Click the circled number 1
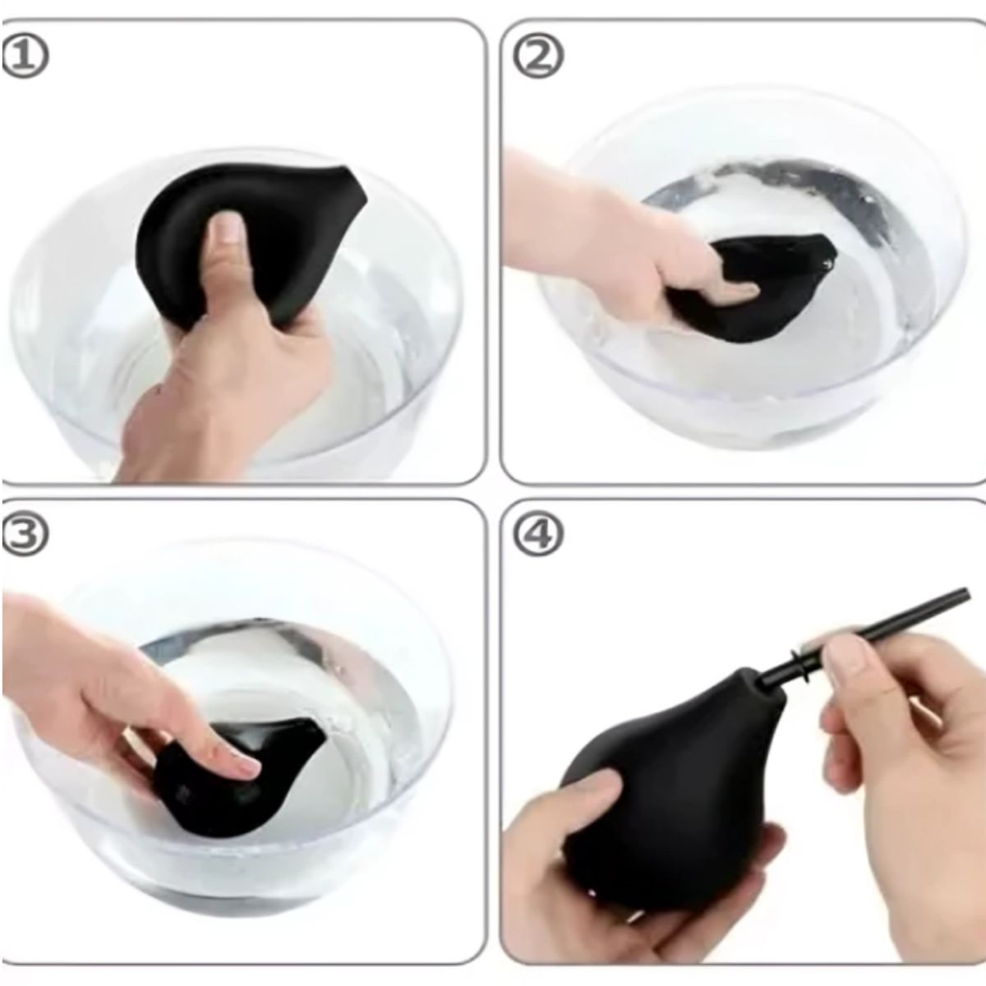coord(25,57)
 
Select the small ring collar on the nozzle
coord(801,666)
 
